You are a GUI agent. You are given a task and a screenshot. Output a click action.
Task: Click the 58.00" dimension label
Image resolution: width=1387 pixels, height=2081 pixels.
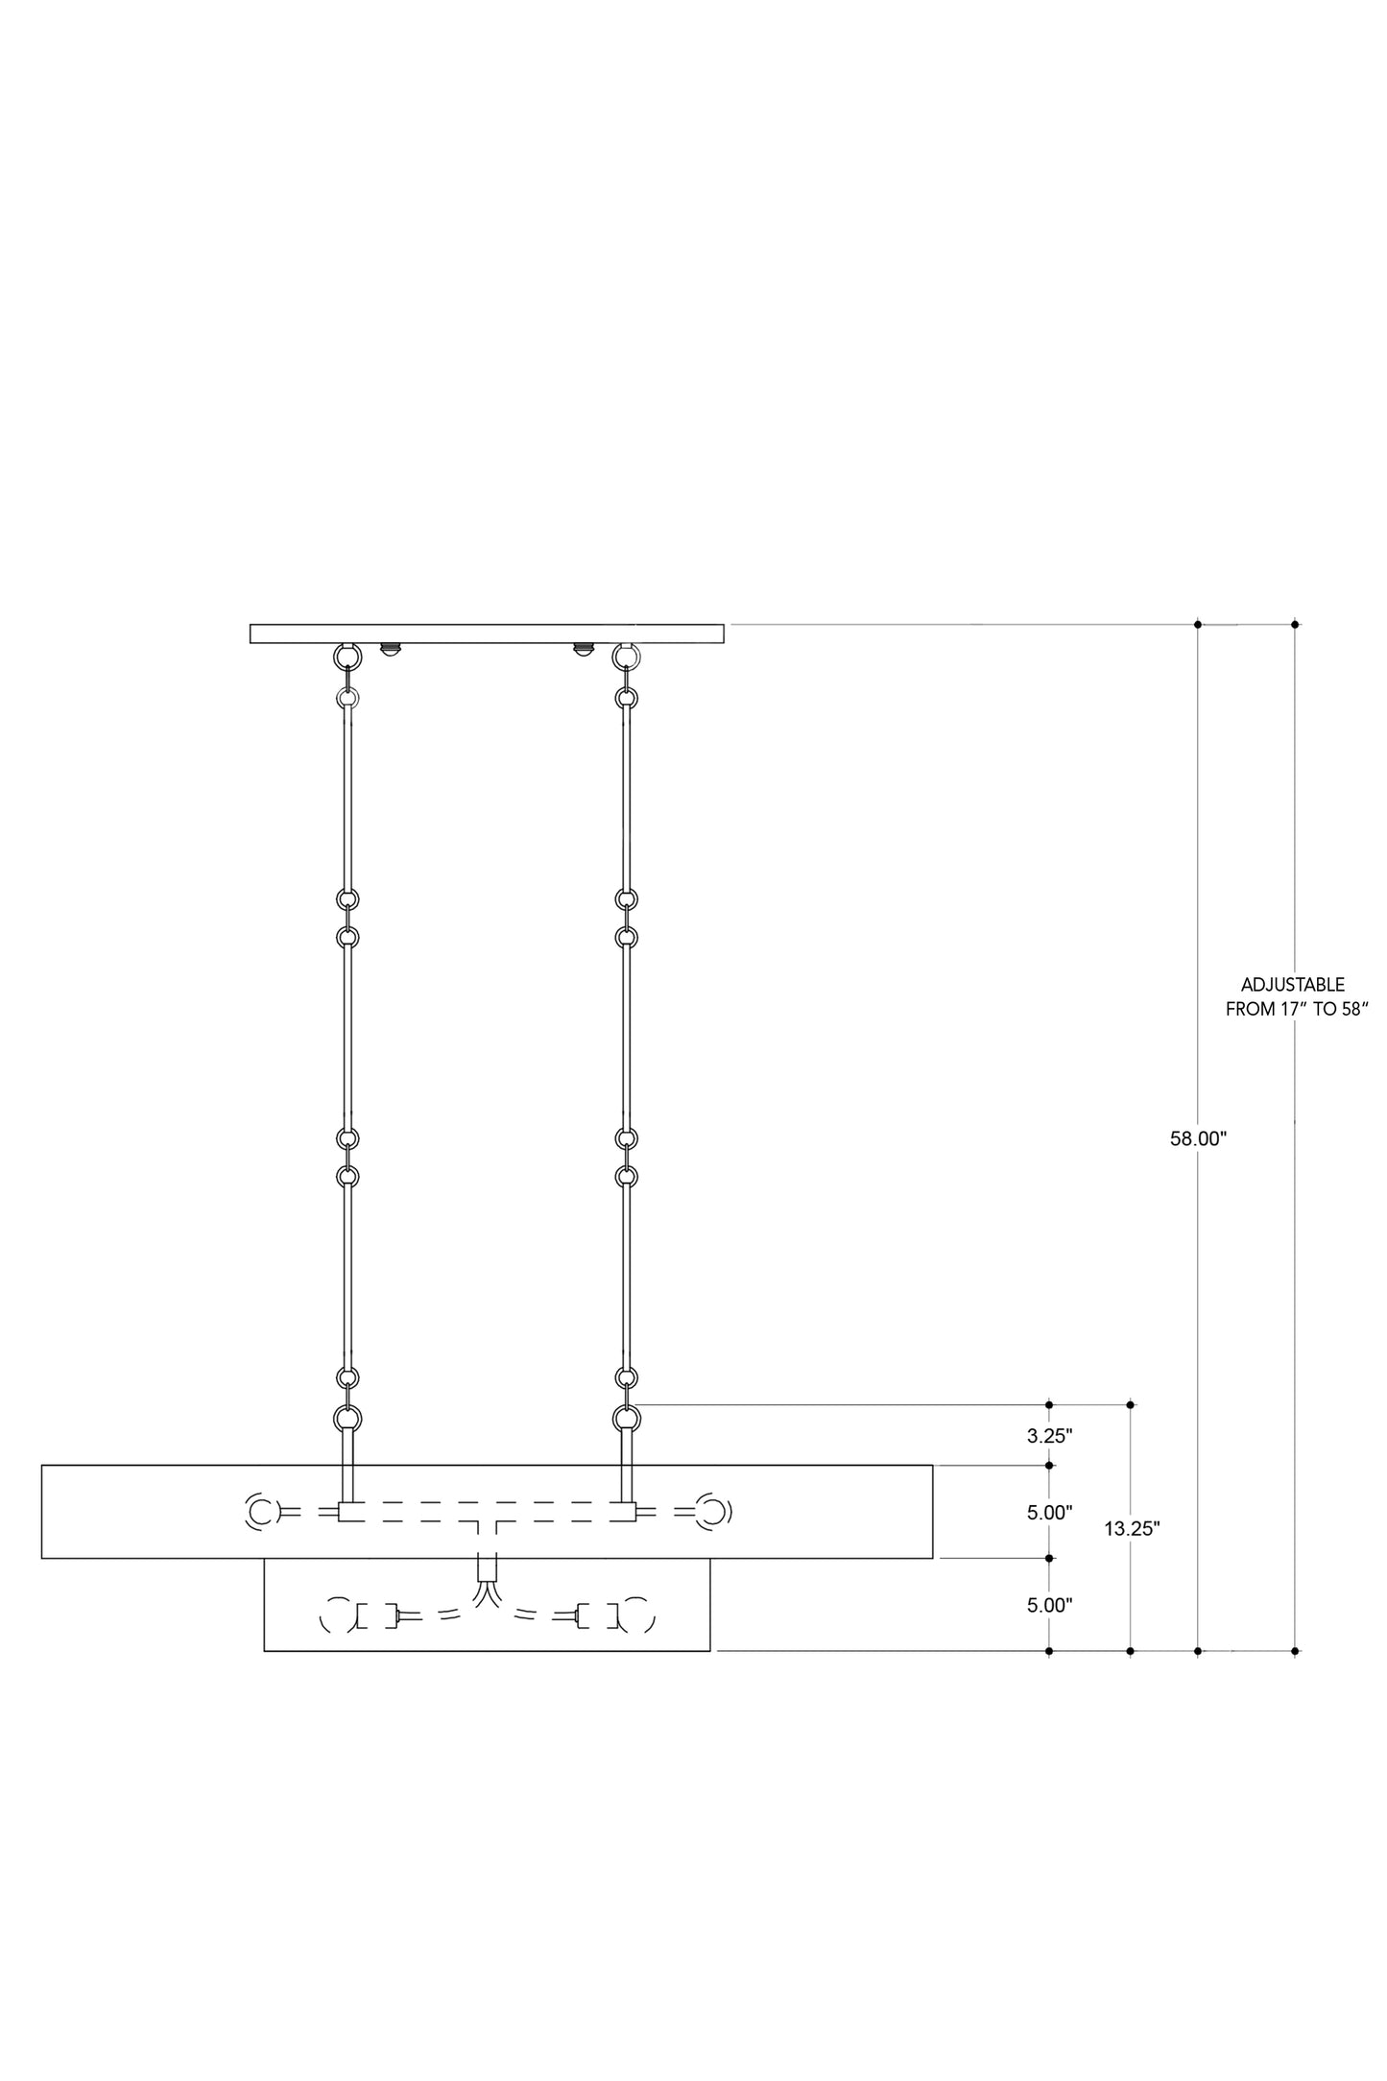(1199, 1139)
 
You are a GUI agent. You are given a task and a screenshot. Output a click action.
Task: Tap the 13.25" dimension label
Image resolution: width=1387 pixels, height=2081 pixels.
(1133, 1529)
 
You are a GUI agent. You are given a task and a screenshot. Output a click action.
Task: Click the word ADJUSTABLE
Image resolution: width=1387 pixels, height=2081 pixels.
(1293, 985)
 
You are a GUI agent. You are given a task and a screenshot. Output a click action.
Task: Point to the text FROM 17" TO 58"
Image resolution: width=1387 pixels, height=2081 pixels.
(1296, 1010)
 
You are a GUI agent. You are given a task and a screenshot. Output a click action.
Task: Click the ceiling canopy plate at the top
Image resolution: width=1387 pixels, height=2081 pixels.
(487, 634)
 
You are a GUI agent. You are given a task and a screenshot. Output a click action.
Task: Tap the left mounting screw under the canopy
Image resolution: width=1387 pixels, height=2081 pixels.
(390, 649)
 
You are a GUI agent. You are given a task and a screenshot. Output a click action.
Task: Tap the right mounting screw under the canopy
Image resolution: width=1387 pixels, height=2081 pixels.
(582, 649)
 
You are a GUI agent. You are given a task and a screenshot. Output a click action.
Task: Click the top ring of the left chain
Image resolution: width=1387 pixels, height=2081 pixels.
(347, 656)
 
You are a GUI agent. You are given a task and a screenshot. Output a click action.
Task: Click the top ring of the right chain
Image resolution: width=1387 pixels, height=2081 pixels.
(626, 656)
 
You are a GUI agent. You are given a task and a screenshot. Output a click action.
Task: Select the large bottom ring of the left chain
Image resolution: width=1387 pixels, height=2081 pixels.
(347, 1418)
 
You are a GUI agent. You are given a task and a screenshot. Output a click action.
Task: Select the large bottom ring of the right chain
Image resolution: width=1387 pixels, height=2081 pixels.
(626, 1418)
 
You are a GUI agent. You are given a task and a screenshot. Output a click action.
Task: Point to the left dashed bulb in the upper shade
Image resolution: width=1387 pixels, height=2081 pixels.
(259, 1513)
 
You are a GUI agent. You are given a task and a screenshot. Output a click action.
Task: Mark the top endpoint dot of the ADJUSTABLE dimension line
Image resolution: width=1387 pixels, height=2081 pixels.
(1295, 625)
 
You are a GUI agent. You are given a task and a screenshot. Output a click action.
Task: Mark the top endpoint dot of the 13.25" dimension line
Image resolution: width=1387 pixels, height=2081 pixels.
(1131, 1404)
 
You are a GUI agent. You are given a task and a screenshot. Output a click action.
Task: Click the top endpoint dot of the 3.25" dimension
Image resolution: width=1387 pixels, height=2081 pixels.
(1049, 1404)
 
